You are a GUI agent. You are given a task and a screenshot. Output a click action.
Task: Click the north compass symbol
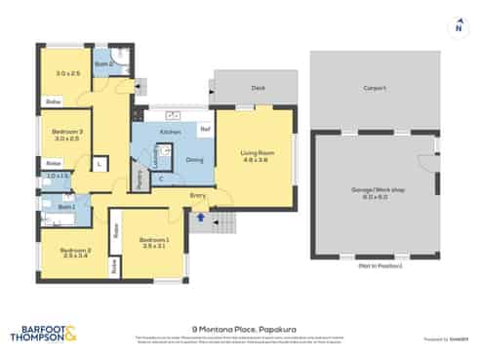(x=458, y=27)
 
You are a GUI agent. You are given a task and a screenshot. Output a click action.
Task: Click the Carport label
(x=375, y=87)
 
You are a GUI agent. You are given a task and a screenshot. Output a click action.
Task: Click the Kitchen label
(x=170, y=131)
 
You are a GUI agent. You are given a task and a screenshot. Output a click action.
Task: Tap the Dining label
(x=194, y=159)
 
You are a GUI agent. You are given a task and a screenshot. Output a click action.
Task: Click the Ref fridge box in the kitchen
(x=205, y=128)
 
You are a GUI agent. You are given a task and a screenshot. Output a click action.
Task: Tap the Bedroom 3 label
(x=67, y=134)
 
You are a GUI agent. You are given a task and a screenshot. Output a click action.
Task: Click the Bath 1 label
(x=66, y=207)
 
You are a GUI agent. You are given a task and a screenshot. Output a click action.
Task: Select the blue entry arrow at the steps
(x=199, y=219)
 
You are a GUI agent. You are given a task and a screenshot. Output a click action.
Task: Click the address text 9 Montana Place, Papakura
(x=240, y=329)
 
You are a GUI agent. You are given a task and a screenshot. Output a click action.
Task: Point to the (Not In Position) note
(x=375, y=264)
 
